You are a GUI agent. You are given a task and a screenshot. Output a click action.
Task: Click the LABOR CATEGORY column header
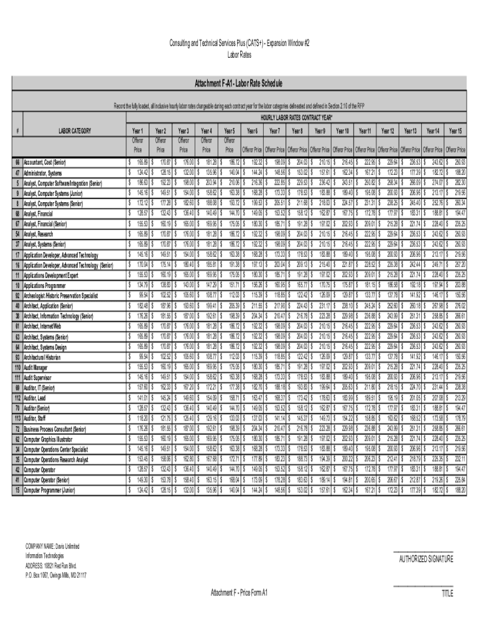click(x=75, y=131)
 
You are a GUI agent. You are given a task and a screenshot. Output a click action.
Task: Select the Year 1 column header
click(x=137, y=131)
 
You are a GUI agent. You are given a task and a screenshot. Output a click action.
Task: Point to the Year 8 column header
click(x=297, y=131)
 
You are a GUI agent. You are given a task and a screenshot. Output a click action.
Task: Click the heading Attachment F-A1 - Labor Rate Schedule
click(x=239, y=83)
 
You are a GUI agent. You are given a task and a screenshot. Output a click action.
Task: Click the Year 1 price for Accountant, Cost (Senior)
click(x=138, y=162)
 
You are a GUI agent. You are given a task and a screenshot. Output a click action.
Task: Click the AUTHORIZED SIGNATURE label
click(x=426, y=559)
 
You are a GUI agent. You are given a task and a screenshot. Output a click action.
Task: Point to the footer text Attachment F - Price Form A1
click(x=239, y=592)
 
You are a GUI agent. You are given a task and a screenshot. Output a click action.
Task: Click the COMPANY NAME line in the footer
click(x=52, y=546)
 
